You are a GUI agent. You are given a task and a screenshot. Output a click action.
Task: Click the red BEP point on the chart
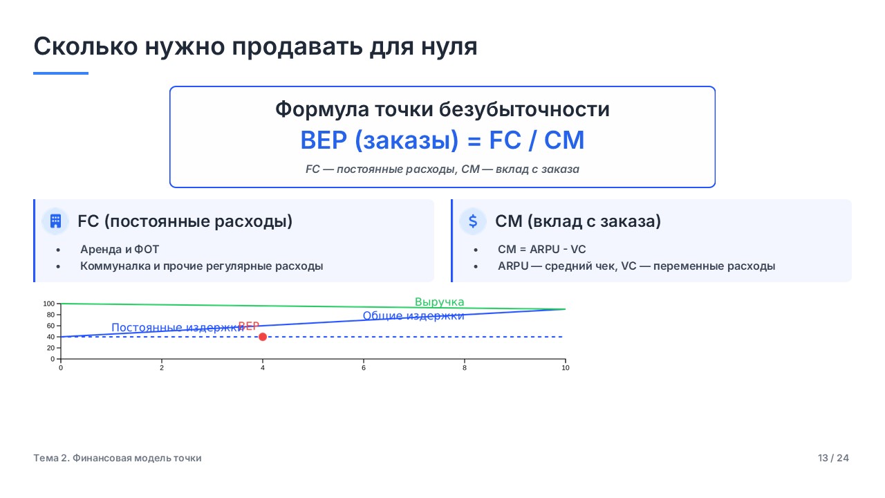262,337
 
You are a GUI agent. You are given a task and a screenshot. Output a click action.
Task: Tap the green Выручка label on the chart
439,302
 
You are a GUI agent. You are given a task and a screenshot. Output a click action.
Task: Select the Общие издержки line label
413,316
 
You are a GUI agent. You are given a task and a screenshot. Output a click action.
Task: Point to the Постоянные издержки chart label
178,327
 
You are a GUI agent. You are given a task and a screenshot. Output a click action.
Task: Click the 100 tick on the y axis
48,304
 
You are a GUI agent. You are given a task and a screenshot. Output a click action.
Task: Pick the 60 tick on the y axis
50,326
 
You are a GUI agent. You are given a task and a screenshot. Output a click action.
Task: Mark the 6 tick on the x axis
364,368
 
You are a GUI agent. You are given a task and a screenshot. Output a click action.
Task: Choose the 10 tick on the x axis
566,368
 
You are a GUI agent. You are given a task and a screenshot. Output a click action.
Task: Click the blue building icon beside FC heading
56,221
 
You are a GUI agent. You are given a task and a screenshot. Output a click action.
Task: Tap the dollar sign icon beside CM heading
473,221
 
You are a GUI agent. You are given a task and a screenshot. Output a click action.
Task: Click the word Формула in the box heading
322,109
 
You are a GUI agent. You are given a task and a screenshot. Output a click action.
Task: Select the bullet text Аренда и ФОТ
120,250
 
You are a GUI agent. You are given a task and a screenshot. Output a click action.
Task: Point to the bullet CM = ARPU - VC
541,250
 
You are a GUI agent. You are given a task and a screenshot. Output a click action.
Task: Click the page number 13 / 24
833,458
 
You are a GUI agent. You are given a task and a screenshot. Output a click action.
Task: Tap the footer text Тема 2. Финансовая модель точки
118,458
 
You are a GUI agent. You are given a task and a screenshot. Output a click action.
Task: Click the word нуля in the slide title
449,46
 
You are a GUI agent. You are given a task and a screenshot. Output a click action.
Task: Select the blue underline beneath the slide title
61,73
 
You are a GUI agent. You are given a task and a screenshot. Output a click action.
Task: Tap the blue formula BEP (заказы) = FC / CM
442,140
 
